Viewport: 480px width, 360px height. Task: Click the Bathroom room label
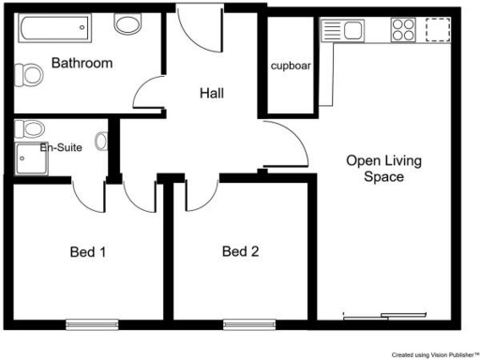point(82,64)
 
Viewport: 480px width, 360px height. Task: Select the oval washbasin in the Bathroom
point(128,24)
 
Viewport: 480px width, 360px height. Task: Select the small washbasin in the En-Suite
point(101,143)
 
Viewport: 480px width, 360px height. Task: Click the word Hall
point(216,93)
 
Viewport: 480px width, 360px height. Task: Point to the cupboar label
point(291,67)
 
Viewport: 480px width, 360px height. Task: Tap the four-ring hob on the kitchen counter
point(403,31)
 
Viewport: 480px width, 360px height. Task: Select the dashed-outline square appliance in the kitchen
point(438,31)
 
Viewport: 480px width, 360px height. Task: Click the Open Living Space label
point(383,168)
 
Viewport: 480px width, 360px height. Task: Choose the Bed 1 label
point(89,251)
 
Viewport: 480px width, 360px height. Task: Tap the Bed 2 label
point(241,251)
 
